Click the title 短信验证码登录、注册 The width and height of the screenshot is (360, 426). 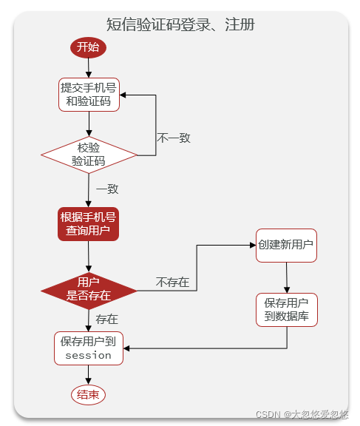(180, 24)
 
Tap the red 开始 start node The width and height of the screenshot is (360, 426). (88, 47)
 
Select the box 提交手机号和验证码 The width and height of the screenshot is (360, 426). (89, 94)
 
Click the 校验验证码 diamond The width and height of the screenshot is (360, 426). (89, 154)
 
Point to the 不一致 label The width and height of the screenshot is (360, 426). (174, 138)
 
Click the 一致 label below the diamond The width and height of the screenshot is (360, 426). (107, 189)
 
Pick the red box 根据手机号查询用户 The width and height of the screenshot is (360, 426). (89, 224)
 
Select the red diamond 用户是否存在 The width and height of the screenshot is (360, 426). (89, 288)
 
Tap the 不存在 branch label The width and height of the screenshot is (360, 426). (172, 282)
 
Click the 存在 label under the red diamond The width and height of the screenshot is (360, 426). (107, 319)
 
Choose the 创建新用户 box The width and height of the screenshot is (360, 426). (286, 245)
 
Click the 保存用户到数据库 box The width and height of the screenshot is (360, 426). (287, 310)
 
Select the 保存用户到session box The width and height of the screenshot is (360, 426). (89, 348)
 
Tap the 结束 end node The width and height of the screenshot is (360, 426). (88, 395)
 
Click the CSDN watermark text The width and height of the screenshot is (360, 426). (302, 416)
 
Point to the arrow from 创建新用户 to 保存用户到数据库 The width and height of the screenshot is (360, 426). (287, 277)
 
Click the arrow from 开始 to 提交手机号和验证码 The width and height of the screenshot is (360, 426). (88, 67)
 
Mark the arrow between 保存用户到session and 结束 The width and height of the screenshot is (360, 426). (88, 375)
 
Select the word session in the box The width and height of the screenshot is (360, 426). (89, 356)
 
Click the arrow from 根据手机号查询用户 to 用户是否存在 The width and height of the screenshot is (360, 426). (89, 257)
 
